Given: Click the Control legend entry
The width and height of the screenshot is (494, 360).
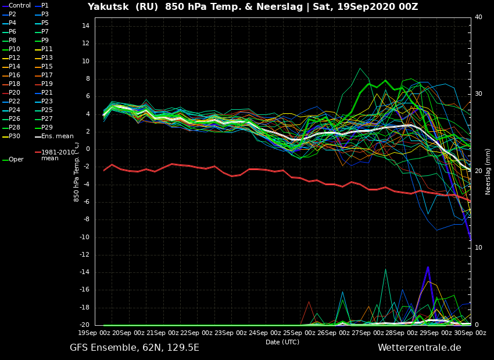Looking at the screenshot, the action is pyautogui.click(x=16, y=5).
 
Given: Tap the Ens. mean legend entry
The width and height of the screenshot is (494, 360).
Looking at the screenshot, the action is pyautogui.click(x=54, y=136).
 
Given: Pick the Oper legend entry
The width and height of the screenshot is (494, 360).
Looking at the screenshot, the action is pyautogui.click(x=13, y=159).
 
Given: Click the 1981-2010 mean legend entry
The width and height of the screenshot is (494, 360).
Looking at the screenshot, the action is pyautogui.click(x=55, y=155).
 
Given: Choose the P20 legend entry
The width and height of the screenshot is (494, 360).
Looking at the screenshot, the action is pyautogui.click(x=11, y=92).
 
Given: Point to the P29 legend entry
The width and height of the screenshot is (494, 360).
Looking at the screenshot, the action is pyautogui.click(x=44, y=127).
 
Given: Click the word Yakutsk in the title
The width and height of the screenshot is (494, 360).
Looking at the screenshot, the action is pyautogui.click(x=108, y=6).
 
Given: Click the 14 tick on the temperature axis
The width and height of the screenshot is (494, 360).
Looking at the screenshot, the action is pyautogui.click(x=85, y=26).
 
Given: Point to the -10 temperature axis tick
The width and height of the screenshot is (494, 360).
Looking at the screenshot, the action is pyautogui.click(x=84, y=237).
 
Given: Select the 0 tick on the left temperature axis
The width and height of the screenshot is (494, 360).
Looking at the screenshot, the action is pyautogui.click(x=88, y=149).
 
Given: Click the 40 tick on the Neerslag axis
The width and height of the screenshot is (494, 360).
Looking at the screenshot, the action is pyautogui.click(x=478, y=17).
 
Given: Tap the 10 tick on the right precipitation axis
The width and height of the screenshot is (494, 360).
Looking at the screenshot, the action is pyautogui.click(x=478, y=247).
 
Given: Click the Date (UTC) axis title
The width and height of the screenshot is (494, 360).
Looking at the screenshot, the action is pyautogui.click(x=282, y=342).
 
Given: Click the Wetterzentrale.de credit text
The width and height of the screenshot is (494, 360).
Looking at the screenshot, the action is pyautogui.click(x=420, y=348).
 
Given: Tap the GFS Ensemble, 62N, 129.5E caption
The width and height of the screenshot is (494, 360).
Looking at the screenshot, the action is pyautogui.click(x=134, y=348).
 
